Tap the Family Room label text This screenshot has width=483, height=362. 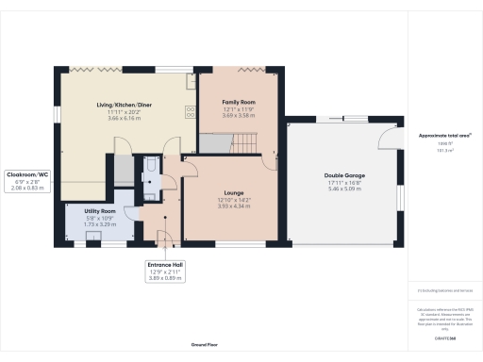click(239, 101)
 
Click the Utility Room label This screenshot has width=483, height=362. click(99, 211)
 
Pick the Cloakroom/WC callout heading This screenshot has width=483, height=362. click(27, 174)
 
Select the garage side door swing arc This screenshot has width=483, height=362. click(388, 140)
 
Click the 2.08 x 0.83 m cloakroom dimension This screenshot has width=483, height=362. click(27, 189)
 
